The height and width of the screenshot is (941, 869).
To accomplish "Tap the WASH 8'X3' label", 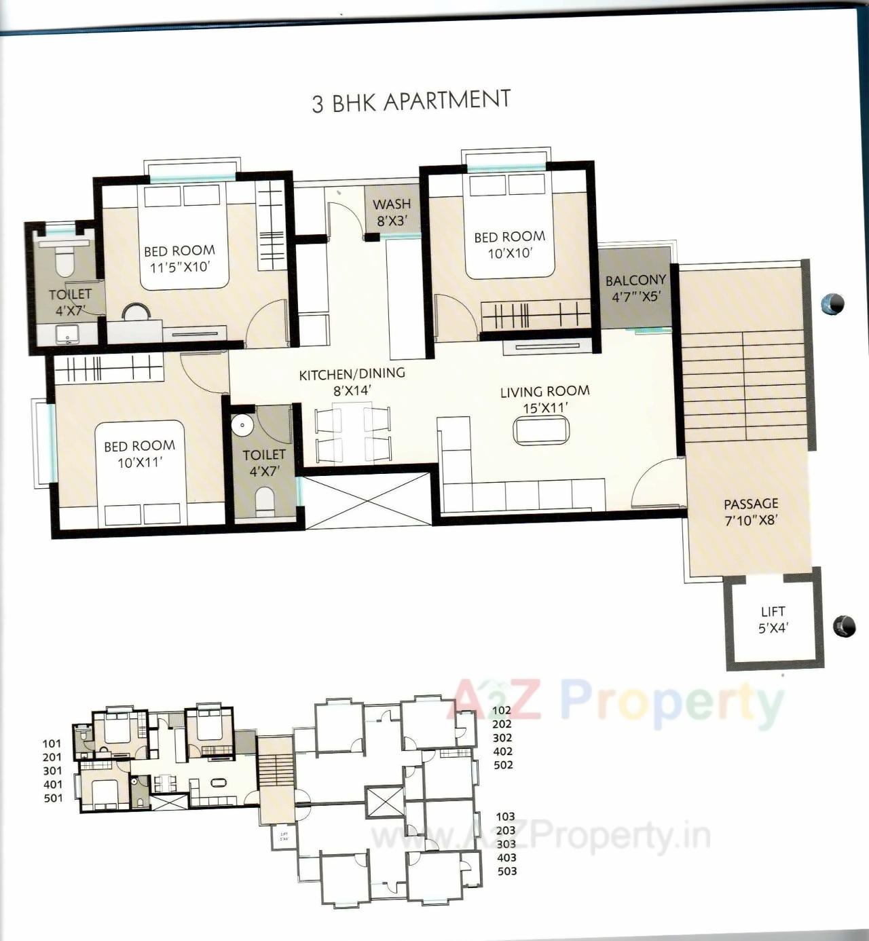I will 392,211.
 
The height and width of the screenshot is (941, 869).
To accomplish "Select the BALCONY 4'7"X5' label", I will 635,287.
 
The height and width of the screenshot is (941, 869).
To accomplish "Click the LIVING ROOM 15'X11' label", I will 544,399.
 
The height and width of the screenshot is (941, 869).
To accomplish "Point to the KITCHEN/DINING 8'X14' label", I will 352,381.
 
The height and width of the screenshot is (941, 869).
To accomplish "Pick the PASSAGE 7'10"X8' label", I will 750,511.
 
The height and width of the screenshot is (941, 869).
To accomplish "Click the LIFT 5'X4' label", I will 773,620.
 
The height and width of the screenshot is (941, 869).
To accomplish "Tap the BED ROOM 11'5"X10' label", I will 179,258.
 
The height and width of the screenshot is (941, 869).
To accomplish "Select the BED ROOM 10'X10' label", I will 509,244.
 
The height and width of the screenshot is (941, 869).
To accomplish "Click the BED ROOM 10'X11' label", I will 139,454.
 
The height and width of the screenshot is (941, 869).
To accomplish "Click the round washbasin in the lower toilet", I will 241,425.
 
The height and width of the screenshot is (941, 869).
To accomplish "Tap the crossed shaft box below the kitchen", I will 367,501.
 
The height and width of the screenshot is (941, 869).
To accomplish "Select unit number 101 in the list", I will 52,744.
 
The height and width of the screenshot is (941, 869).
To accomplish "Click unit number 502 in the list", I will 503,765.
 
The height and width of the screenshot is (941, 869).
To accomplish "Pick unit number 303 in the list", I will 506,844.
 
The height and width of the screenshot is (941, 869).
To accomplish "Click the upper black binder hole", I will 833,303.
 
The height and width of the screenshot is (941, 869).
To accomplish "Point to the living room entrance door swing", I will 657,483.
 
